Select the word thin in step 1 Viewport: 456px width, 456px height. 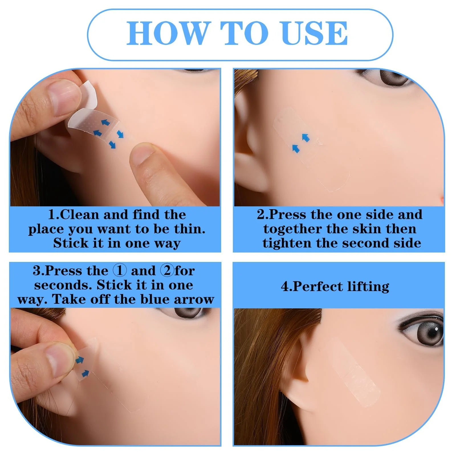point(188,229)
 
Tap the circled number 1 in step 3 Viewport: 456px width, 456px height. point(119,270)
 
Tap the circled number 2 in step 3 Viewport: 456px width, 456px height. point(167,270)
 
